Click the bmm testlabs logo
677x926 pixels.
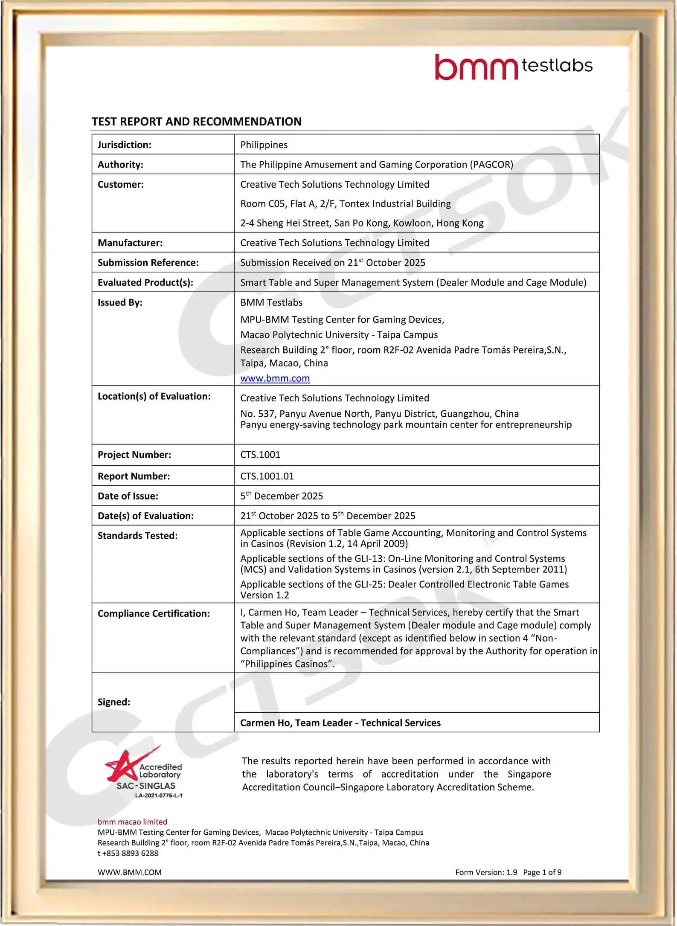tap(513, 67)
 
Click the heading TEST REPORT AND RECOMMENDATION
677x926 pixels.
tap(196, 122)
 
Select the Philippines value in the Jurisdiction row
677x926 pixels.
tap(264, 145)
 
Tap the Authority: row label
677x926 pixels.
tap(120, 165)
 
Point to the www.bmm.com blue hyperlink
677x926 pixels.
tap(275, 378)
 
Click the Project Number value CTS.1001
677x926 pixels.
tap(260, 455)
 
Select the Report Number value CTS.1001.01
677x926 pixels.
tap(267, 476)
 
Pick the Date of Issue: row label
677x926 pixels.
tap(128, 496)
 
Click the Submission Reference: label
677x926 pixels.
tap(148, 263)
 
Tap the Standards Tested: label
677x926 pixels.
tap(137, 536)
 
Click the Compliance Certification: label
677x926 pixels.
tap(154, 614)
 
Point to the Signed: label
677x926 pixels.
tap(114, 702)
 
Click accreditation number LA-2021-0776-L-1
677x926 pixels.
tap(159, 795)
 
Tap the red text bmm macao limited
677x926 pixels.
tap(132, 822)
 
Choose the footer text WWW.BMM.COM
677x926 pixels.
tap(129, 873)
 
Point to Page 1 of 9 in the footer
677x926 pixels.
tap(542, 873)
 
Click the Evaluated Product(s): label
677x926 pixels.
tap(145, 282)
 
